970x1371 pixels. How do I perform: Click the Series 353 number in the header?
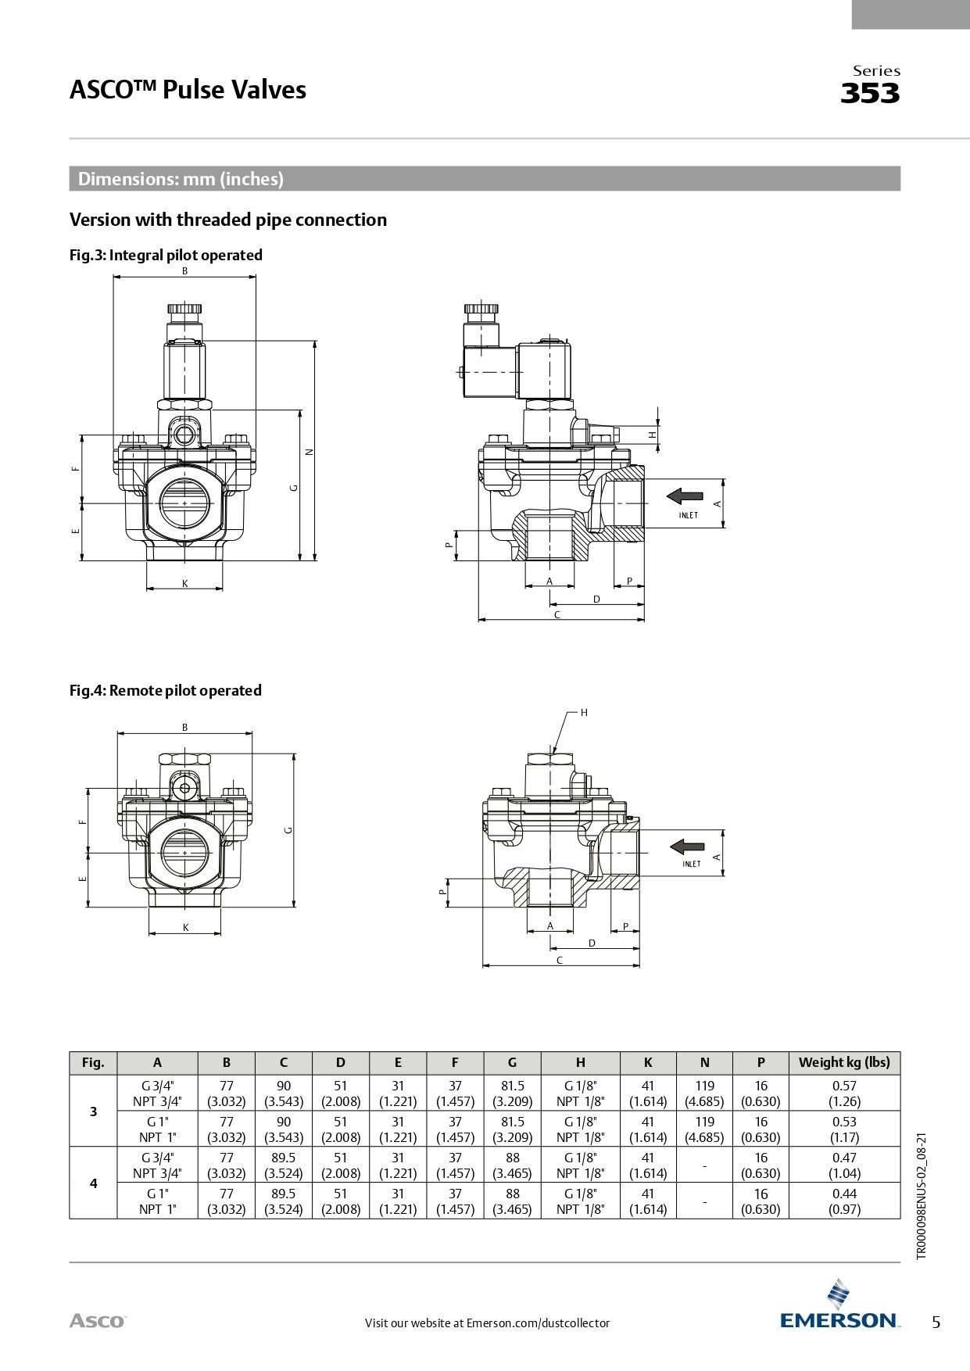[870, 94]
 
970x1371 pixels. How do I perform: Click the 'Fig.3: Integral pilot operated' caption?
[166, 255]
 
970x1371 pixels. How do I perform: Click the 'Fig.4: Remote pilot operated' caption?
[165, 690]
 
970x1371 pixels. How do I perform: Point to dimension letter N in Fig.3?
[309, 452]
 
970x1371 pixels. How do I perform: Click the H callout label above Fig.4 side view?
[583, 712]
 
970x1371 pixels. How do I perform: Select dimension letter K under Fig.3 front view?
[185, 583]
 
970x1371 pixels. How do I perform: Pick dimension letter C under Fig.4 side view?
[560, 960]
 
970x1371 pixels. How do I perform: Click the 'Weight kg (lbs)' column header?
[844, 1062]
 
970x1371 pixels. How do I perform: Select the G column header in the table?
[512, 1062]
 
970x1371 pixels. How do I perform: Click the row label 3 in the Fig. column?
[93, 1111]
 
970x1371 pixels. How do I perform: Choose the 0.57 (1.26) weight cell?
[844, 1093]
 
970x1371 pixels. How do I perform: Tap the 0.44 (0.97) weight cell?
[844, 1201]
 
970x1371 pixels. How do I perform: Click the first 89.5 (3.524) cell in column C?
[283, 1165]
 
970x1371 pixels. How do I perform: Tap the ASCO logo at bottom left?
[97, 1321]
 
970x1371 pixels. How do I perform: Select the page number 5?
[936, 1323]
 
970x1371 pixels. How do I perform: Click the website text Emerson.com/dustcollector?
[538, 1323]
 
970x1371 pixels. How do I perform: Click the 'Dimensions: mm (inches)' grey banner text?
[181, 179]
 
